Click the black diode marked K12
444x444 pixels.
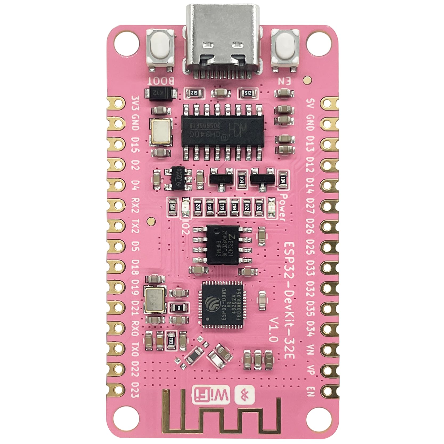pos(161,93)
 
